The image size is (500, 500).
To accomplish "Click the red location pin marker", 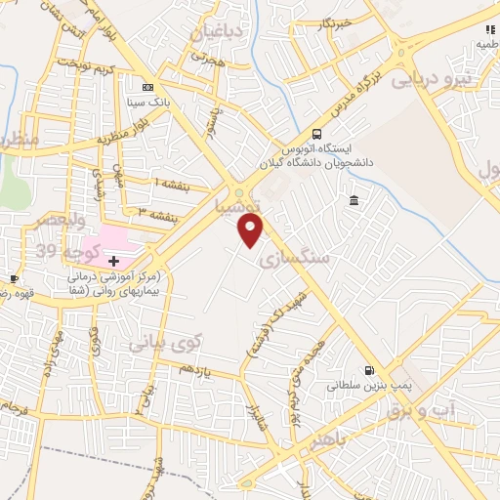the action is tap(251, 231).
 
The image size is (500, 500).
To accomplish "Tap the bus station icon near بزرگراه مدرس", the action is tap(315, 135).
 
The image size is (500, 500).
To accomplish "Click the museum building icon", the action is tap(353, 201).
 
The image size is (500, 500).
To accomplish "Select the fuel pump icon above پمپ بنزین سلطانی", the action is tap(367, 370).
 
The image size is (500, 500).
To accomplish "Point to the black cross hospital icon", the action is tap(114, 261).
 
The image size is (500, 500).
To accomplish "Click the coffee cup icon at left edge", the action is tap(14, 278).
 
